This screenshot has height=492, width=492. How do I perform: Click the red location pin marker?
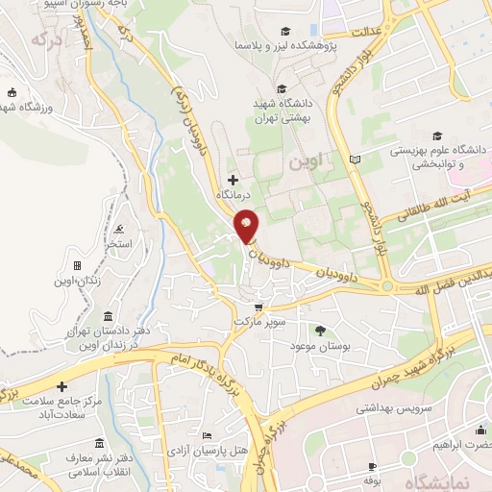coord(247,227)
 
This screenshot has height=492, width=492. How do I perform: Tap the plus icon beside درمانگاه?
coord(232,180)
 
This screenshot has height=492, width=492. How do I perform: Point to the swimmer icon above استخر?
coord(118,230)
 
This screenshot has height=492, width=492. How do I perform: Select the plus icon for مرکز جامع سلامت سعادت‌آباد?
coord(62,386)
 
